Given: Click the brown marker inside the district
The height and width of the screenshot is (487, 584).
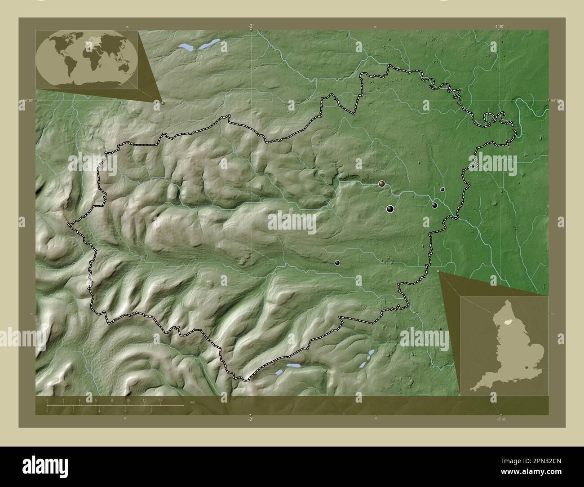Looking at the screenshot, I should click(381, 183).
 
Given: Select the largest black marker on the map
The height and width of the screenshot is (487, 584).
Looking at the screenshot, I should click(390, 208).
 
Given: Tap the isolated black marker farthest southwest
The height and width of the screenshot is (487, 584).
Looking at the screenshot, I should click(337, 263).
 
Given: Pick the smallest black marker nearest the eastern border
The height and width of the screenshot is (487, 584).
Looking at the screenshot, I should click(442, 190).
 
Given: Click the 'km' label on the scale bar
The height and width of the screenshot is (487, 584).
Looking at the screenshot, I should click(193, 402).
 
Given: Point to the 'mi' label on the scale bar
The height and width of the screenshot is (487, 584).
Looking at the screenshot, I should click(192, 409).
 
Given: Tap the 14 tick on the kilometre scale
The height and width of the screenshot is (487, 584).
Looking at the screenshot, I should click(160, 400).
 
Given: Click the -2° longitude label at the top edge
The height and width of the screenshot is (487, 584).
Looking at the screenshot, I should click(251, 26).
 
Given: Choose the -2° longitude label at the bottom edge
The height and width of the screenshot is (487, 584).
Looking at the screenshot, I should click(250, 418).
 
